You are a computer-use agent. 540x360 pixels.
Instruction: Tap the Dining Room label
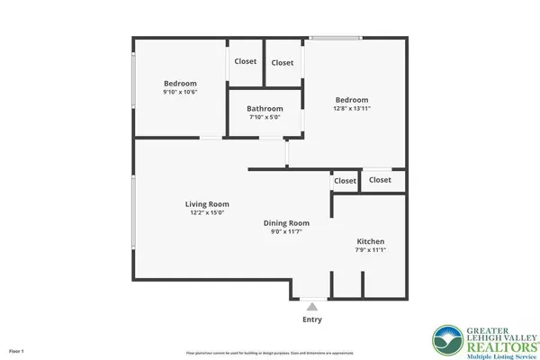click(x=286, y=223)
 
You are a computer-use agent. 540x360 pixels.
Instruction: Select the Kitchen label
click(x=371, y=242)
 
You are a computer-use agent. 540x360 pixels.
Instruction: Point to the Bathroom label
click(x=265, y=109)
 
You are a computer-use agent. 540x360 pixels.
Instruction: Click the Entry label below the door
click(x=312, y=319)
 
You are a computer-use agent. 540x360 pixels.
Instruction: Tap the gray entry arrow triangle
click(x=312, y=307)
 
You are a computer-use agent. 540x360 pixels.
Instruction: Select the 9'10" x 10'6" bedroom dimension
click(x=180, y=92)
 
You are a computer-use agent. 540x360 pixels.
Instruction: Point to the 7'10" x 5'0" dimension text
click(x=265, y=117)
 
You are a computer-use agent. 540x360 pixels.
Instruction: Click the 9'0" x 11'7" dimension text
click(x=286, y=232)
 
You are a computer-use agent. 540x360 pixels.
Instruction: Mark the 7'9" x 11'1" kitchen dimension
click(x=371, y=251)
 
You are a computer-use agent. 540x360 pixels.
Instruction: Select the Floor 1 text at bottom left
click(x=16, y=350)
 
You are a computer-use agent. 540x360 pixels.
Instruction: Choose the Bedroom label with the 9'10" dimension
click(x=180, y=84)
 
